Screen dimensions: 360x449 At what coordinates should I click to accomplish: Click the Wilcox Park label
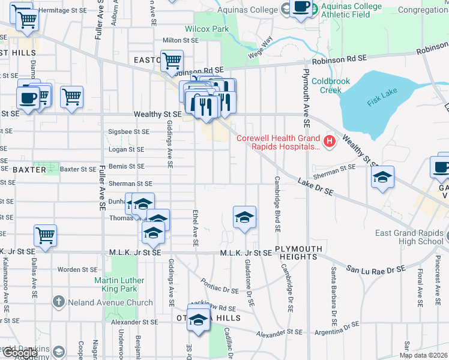(x=207, y=29)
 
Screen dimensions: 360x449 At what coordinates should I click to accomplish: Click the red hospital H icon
(x=329, y=142)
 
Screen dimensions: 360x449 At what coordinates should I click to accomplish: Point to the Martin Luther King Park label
(x=119, y=284)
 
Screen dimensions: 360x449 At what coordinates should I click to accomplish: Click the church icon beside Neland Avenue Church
(x=58, y=302)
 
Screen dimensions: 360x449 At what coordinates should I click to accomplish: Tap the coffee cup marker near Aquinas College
(x=301, y=8)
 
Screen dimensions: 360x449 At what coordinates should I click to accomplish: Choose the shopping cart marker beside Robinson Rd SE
(x=172, y=60)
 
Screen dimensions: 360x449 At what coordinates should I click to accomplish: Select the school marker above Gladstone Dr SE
(x=244, y=217)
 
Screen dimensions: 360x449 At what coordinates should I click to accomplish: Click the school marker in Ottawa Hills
(x=199, y=319)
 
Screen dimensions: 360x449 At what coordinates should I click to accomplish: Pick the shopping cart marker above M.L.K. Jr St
(x=46, y=235)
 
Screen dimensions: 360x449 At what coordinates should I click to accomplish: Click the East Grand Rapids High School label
(x=414, y=238)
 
